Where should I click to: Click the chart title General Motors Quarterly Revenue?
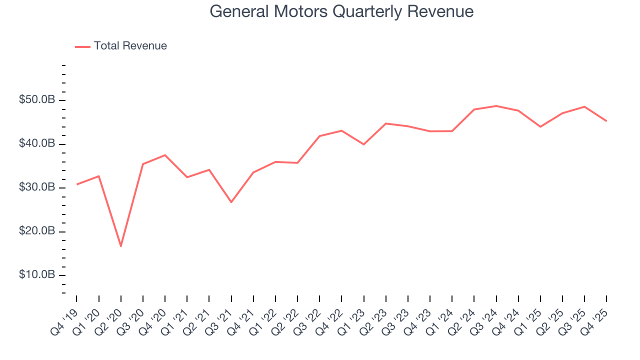(341, 11)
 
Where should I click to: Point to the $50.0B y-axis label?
(37, 100)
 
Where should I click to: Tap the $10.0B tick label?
(37, 275)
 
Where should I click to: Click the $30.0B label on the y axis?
(37, 187)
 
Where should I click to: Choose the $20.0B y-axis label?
(37, 231)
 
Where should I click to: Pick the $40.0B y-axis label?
(37, 144)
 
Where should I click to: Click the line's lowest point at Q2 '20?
(121, 246)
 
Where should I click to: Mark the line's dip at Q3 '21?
(231, 202)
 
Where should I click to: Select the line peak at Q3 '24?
(496, 106)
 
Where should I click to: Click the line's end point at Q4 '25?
(606, 121)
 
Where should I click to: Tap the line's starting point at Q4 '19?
(77, 184)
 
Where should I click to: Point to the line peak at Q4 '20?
(165, 155)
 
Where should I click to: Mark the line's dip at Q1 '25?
(540, 126)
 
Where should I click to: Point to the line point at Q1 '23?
(363, 144)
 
